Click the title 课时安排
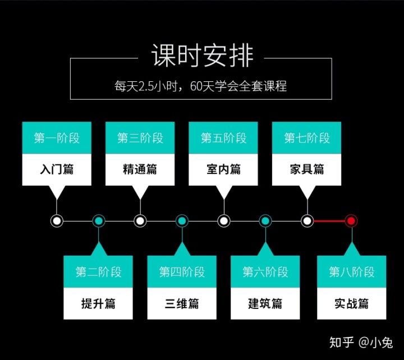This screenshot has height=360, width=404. (202, 56)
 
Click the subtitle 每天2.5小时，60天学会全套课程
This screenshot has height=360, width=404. (201, 87)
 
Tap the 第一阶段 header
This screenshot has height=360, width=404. (57, 138)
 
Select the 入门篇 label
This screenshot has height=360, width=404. (57, 169)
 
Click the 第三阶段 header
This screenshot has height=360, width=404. (140, 138)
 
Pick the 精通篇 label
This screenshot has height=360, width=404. (140, 169)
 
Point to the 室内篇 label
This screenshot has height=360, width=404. (223, 169)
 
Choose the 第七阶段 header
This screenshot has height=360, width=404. (307, 138)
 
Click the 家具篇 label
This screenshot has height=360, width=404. (307, 169)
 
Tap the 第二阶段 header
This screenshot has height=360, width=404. (98, 272)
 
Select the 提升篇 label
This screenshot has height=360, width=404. (98, 304)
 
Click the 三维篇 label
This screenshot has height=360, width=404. (182, 304)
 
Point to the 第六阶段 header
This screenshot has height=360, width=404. (265, 272)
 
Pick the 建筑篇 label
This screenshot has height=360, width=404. (265, 304)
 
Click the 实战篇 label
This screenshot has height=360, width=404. (352, 304)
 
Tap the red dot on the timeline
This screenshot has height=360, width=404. (351, 221)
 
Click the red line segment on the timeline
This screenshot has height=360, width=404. (329, 221)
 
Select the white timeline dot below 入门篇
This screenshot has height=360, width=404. (57, 221)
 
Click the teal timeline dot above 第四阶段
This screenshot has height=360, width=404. (182, 221)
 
